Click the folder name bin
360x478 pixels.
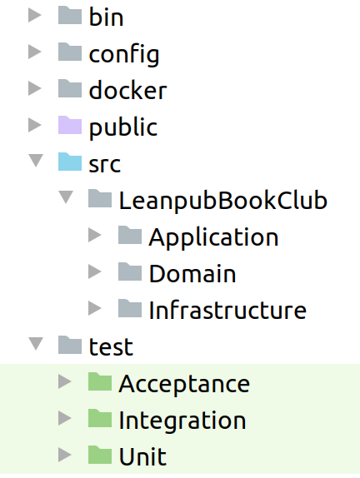pyautogui.click(x=106, y=17)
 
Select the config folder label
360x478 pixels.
pyautogui.click(x=124, y=55)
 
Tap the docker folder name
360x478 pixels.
pyautogui.click(x=127, y=90)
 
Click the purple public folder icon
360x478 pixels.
pyautogui.click(x=70, y=125)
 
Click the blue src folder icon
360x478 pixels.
pyautogui.click(x=70, y=162)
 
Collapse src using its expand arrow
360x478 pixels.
pyautogui.click(x=36, y=161)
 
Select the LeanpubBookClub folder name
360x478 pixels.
pyautogui.click(x=223, y=201)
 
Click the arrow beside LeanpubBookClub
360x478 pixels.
pyautogui.click(x=66, y=197)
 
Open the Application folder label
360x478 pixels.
pyautogui.click(x=213, y=237)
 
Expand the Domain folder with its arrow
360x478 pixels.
pyautogui.click(x=94, y=271)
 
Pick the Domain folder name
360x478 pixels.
pyautogui.click(x=192, y=273)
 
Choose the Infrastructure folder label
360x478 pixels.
pyautogui.click(x=227, y=310)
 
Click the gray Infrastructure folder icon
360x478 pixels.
pyautogui.click(x=130, y=308)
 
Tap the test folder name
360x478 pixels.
pyautogui.click(x=111, y=346)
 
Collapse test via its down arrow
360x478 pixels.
pyautogui.click(x=36, y=344)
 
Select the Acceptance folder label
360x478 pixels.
pyautogui.click(x=184, y=384)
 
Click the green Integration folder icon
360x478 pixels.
pyautogui.click(x=100, y=418)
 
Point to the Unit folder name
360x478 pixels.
pyautogui.click(x=142, y=456)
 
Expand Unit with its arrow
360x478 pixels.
pyautogui.click(x=65, y=455)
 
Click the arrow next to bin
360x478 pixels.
pyautogui.click(x=35, y=15)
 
